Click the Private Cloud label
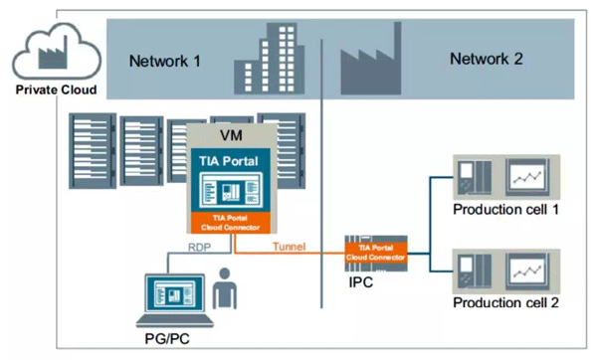56,90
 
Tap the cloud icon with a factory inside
57,51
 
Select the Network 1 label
164,61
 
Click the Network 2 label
487,59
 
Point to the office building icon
270,59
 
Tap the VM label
231,135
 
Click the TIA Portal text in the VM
229,161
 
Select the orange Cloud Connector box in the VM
231,223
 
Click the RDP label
199,248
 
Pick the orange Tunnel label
289,247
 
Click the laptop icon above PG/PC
175,300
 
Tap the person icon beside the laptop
225,288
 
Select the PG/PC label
167,339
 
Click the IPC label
360,282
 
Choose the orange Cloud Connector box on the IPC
376,253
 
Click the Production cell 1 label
505,209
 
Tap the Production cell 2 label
505,302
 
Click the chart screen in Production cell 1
527,177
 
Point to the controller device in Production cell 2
474,270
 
